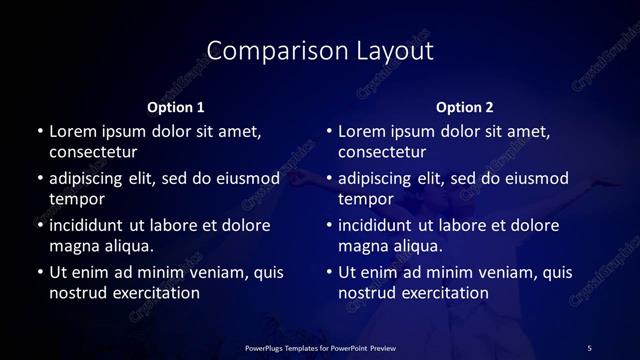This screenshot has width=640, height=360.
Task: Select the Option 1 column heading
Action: [176, 107]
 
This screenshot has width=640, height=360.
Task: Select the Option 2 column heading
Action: [465, 107]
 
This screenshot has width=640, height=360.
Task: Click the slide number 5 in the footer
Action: [589, 347]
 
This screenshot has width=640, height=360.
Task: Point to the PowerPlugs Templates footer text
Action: [321, 347]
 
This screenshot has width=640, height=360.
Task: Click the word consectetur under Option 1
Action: [93, 152]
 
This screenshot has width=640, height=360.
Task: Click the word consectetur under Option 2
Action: [382, 152]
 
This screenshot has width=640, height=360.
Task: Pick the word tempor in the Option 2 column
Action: [366, 199]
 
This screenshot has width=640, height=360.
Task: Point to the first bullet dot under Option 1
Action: [39, 132]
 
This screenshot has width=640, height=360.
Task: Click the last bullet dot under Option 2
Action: [328, 273]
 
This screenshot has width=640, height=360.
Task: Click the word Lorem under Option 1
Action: [73, 131]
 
